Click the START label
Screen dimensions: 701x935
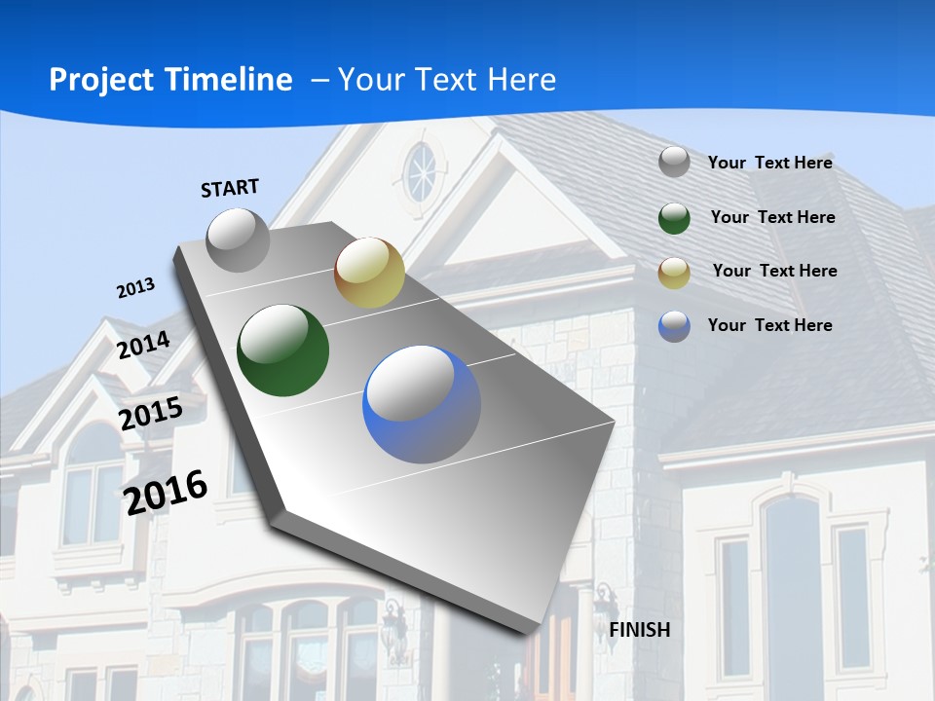(x=230, y=188)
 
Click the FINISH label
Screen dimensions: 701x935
(x=639, y=630)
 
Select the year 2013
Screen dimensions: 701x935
(x=135, y=288)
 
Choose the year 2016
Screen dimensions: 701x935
(x=166, y=492)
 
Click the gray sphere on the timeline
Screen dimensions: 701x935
(x=238, y=240)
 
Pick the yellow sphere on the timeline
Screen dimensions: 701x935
(x=369, y=273)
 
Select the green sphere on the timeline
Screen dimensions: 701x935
(x=282, y=350)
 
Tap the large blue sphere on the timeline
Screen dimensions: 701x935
(x=421, y=404)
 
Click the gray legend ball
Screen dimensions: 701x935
(x=674, y=163)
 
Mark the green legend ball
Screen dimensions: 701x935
(x=674, y=218)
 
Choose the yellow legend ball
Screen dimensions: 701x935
(x=674, y=273)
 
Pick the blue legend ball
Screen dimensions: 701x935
(x=674, y=326)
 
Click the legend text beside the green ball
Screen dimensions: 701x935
(x=772, y=217)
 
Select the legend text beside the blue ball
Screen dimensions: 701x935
(x=769, y=325)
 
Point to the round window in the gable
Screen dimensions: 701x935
(x=422, y=172)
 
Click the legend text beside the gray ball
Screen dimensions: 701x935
(x=769, y=163)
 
